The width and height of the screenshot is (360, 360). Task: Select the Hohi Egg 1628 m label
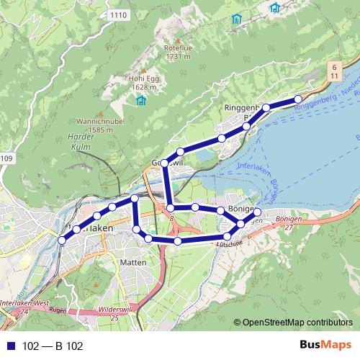[144, 83]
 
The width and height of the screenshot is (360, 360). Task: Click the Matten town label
[134, 263]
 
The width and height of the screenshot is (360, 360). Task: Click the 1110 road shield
[118, 14]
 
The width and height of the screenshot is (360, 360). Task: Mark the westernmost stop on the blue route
[62, 240]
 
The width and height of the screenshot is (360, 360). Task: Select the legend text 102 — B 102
[53, 346]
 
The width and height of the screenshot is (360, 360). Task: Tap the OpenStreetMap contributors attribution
[297, 322]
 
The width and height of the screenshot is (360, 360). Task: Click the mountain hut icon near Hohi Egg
[141, 100]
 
